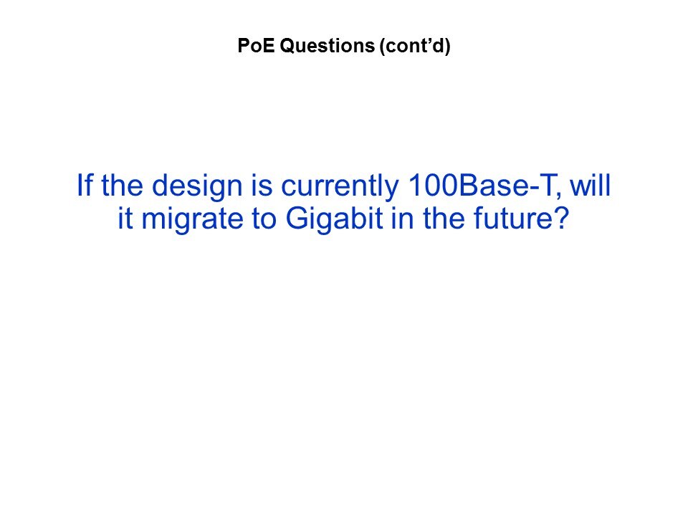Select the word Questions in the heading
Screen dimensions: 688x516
coord(328,46)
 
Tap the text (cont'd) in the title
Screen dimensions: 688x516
coord(415,46)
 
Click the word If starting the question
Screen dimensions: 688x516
coord(85,185)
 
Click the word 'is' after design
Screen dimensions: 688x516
coord(262,185)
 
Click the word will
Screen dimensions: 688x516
coord(590,185)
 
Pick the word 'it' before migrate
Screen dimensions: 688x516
coord(125,218)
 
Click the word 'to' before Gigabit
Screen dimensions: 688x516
coord(264,218)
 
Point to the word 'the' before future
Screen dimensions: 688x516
coord(444,218)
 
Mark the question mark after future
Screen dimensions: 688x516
coord(560,218)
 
